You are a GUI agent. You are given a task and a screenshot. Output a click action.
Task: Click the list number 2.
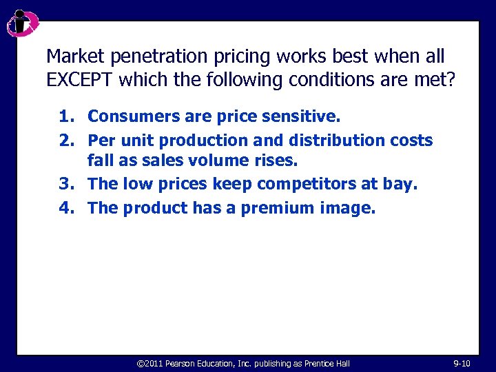coord(66,141)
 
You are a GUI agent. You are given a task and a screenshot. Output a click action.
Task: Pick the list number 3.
coord(66,185)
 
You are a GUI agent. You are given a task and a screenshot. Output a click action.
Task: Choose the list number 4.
coord(66,207)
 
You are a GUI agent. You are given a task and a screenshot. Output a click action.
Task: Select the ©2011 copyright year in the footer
coord(149,362)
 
